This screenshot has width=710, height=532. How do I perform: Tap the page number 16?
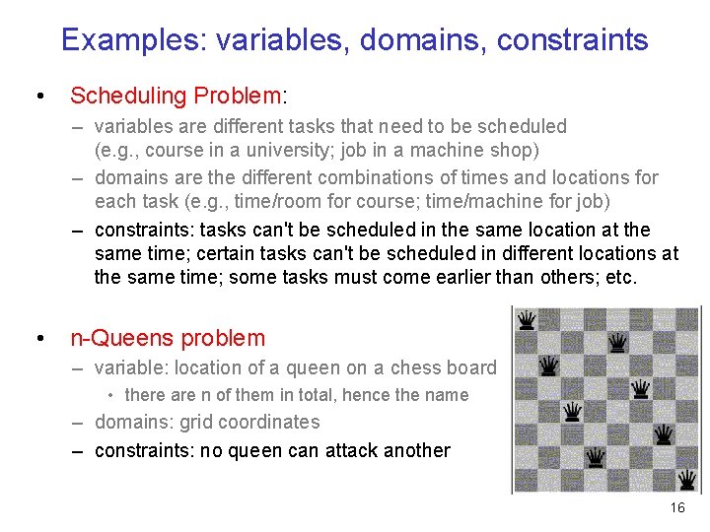tap(676, 507)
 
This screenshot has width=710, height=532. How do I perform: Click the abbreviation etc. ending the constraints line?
tap(622, 277)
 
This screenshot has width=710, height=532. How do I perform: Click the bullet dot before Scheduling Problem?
tap(38, 97)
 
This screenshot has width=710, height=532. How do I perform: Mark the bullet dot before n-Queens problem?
tap(38, 339)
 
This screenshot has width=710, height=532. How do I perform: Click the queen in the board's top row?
tap(528, 320)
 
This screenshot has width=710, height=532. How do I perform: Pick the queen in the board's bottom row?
tap(595, 457)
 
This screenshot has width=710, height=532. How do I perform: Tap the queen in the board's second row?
tap(617, 343)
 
